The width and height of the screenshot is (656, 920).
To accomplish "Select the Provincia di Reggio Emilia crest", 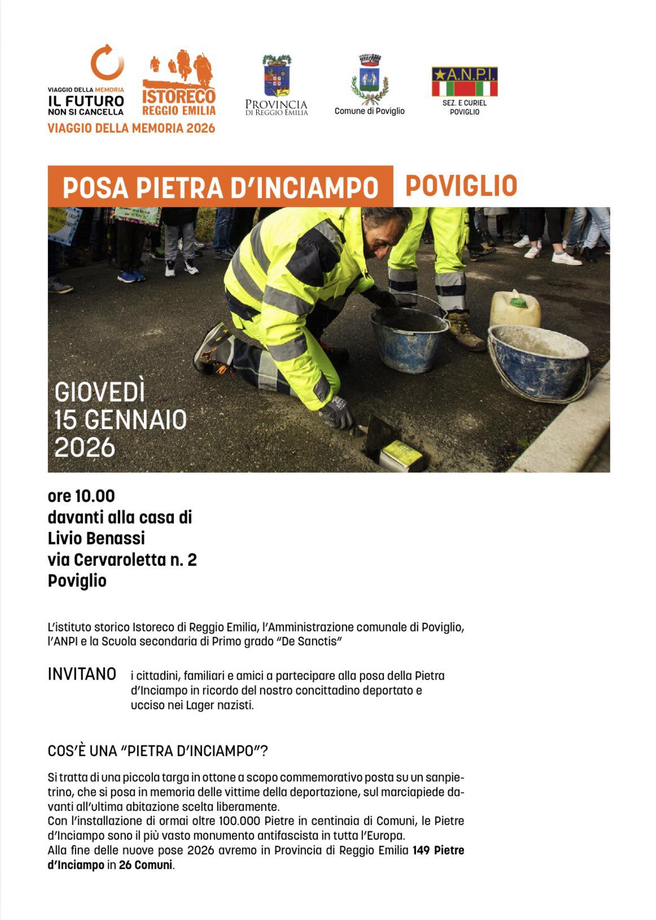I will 277,76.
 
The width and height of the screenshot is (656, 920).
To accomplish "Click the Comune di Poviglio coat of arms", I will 370,80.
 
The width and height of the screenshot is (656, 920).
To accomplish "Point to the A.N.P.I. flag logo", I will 465,82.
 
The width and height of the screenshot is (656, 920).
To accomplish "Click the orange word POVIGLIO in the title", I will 461,186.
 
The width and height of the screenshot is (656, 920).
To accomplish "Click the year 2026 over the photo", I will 85,448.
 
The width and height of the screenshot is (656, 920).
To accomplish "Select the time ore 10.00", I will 81,496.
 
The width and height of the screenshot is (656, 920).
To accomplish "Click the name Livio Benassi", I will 97,538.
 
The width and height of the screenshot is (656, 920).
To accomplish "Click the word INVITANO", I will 82,674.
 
